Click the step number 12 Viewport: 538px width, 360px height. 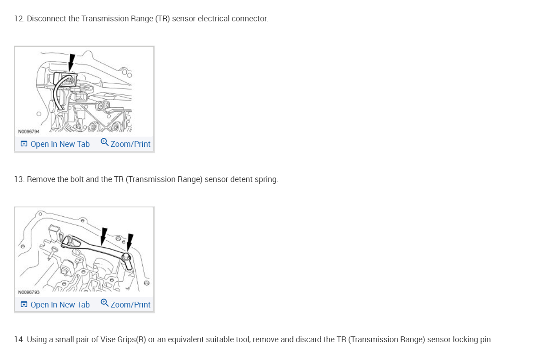point(19,19)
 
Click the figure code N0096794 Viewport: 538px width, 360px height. point(29,131)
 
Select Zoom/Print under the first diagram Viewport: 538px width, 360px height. point(130,144)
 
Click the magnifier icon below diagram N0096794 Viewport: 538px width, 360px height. point(104,142)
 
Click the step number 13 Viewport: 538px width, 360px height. point(19,179)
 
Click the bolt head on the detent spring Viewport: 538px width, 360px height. point(126,257)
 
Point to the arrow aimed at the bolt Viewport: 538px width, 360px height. point(130,242)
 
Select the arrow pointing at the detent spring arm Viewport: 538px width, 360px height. point(104,236)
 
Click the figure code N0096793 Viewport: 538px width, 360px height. point(29,292)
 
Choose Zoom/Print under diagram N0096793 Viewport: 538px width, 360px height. point(130,304)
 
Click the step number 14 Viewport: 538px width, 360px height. point(19,340)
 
